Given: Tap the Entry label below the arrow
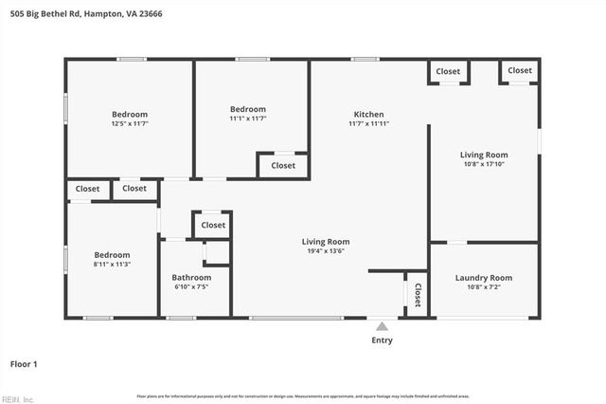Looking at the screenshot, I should [382, 340].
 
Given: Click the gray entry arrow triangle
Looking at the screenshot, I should [382, 326].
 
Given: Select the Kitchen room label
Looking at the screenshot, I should [368, 113].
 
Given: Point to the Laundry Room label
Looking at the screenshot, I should [483, 278].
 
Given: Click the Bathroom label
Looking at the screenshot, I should [191, 277].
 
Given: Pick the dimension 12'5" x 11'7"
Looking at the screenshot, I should [130, 123].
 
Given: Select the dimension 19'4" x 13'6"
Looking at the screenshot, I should [326, 251].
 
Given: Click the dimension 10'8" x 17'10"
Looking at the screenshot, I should [484, 164].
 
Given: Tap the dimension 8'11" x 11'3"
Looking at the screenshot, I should [111, 265].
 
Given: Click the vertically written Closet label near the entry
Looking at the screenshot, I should [417, 295].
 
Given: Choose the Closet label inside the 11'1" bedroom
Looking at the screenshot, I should [282, 165].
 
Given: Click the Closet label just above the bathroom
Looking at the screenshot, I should [213, 226].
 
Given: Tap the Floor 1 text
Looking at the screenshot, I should [24, 363].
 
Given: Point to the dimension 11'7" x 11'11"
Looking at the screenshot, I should [368, 123].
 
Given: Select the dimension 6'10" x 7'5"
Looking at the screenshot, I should [191, 286].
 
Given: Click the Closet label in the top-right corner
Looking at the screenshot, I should [519, 71].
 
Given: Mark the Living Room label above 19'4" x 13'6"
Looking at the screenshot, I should [326, 241].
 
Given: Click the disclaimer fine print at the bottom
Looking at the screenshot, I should [303, 395].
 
